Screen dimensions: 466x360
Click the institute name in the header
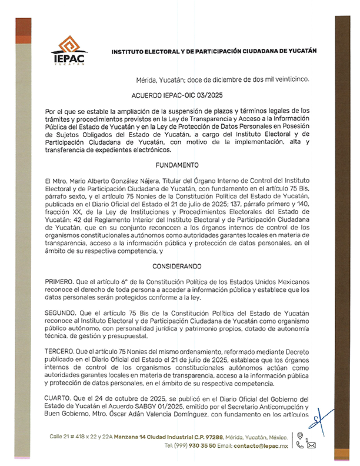pyautogui.click(x=214, y=51)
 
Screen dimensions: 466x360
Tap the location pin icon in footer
pyautogui.click(x=299, y=437)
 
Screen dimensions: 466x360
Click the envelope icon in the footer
pyautogui.click(x=311, y=446)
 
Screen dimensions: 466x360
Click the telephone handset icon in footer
pyautogui.click(x=299, y=446)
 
